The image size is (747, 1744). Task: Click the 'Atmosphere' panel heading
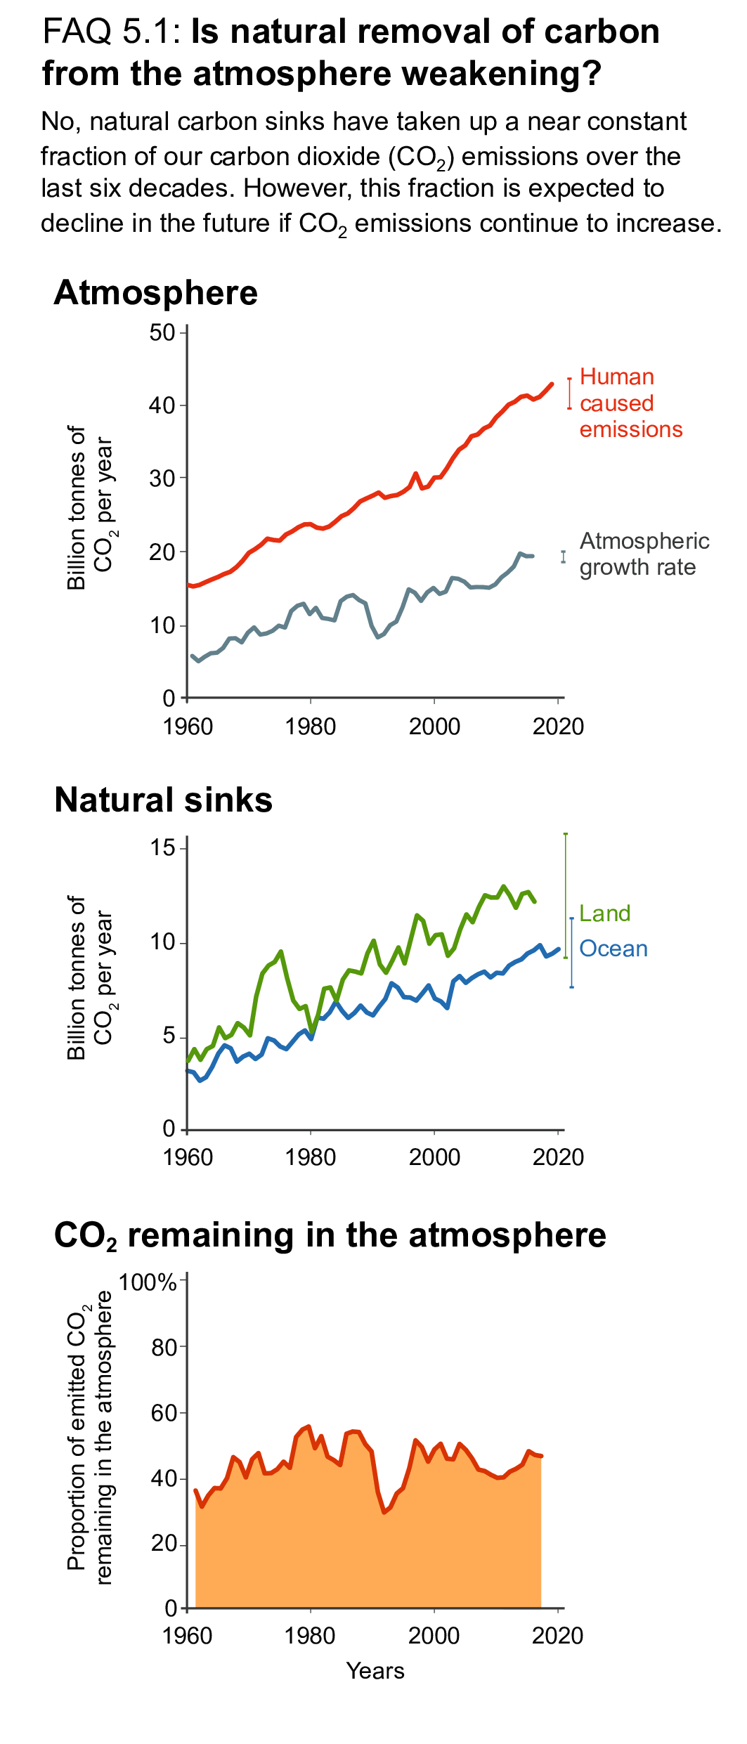(155, 293)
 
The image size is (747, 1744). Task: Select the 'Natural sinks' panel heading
(163, 800)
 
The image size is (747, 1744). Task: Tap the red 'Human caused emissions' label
(630, 403)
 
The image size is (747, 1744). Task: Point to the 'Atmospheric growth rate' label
(644, 554)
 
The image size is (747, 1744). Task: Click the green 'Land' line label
(604, 913)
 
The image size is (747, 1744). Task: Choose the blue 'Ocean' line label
(613, 949)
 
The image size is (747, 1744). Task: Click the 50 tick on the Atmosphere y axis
(162, 332)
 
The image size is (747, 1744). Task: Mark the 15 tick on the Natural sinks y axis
(162, 847)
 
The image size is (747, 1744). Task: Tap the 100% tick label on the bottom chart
(148, 1282)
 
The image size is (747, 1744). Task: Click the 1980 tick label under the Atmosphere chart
(310, 727)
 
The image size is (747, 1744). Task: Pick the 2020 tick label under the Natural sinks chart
(558, 1157)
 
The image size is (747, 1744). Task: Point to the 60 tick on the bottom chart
(163, 1412)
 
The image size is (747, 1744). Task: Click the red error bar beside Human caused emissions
(569, 394)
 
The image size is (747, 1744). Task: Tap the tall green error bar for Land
(566, 895)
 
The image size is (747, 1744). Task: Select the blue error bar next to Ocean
(571, 953)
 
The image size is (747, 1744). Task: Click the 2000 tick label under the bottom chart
(434, 1636)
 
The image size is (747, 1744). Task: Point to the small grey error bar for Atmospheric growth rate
(563, 557)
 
